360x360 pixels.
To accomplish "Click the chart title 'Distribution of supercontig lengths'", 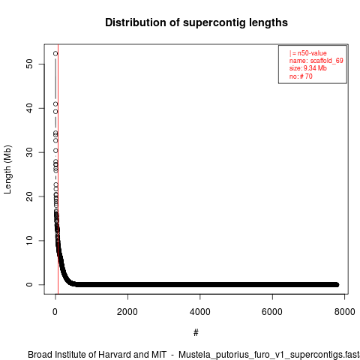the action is coord(196,22).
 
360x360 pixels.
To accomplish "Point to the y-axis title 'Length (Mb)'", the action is coord(7,169).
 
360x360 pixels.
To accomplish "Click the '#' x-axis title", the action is coord(196,333).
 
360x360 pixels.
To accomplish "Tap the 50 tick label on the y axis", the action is coord(29,64).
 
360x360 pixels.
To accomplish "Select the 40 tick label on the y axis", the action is coord(29,108).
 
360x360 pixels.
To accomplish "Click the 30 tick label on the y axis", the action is coord(29,152).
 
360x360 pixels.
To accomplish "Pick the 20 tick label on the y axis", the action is coord(29,196).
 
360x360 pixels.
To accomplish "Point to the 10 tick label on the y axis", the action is coord(29,241).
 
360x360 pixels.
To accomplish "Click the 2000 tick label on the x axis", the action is coord(127,312).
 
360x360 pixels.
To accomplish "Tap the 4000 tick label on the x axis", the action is coord(200,312).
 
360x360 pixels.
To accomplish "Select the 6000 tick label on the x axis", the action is coord(272,312).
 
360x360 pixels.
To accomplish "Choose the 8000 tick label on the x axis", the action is coord(345,312).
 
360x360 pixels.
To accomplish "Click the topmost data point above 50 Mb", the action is coord(55,53).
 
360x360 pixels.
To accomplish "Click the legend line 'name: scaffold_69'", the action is coord(316,61).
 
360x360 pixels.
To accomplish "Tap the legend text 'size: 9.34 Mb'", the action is coord(308,68).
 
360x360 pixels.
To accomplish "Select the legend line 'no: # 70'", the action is coord(301,76).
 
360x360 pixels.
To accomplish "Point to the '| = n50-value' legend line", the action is coord(308,53).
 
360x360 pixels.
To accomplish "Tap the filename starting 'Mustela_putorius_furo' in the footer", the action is coord(269,355).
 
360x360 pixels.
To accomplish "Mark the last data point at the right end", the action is coord(337,285).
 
